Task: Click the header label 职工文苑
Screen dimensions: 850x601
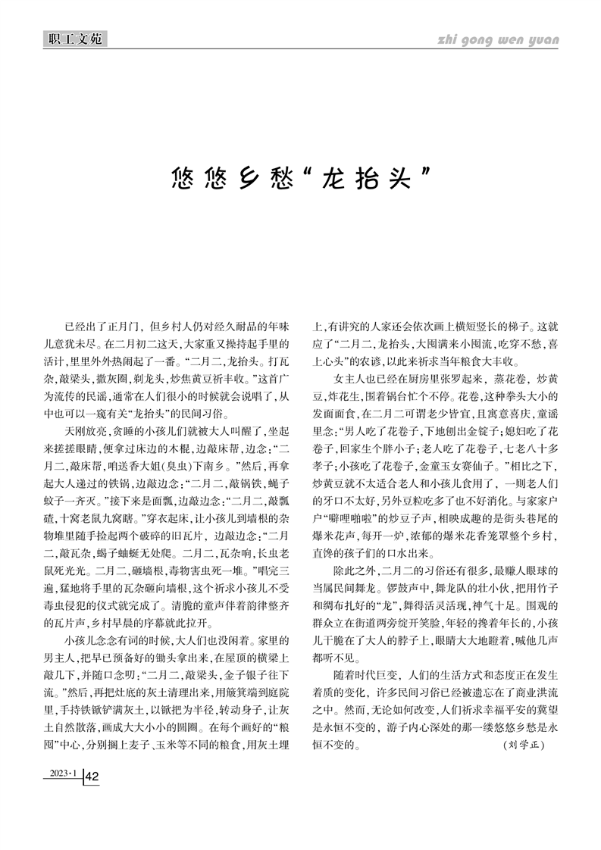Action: pyautogui.click(x=74, y=38)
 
